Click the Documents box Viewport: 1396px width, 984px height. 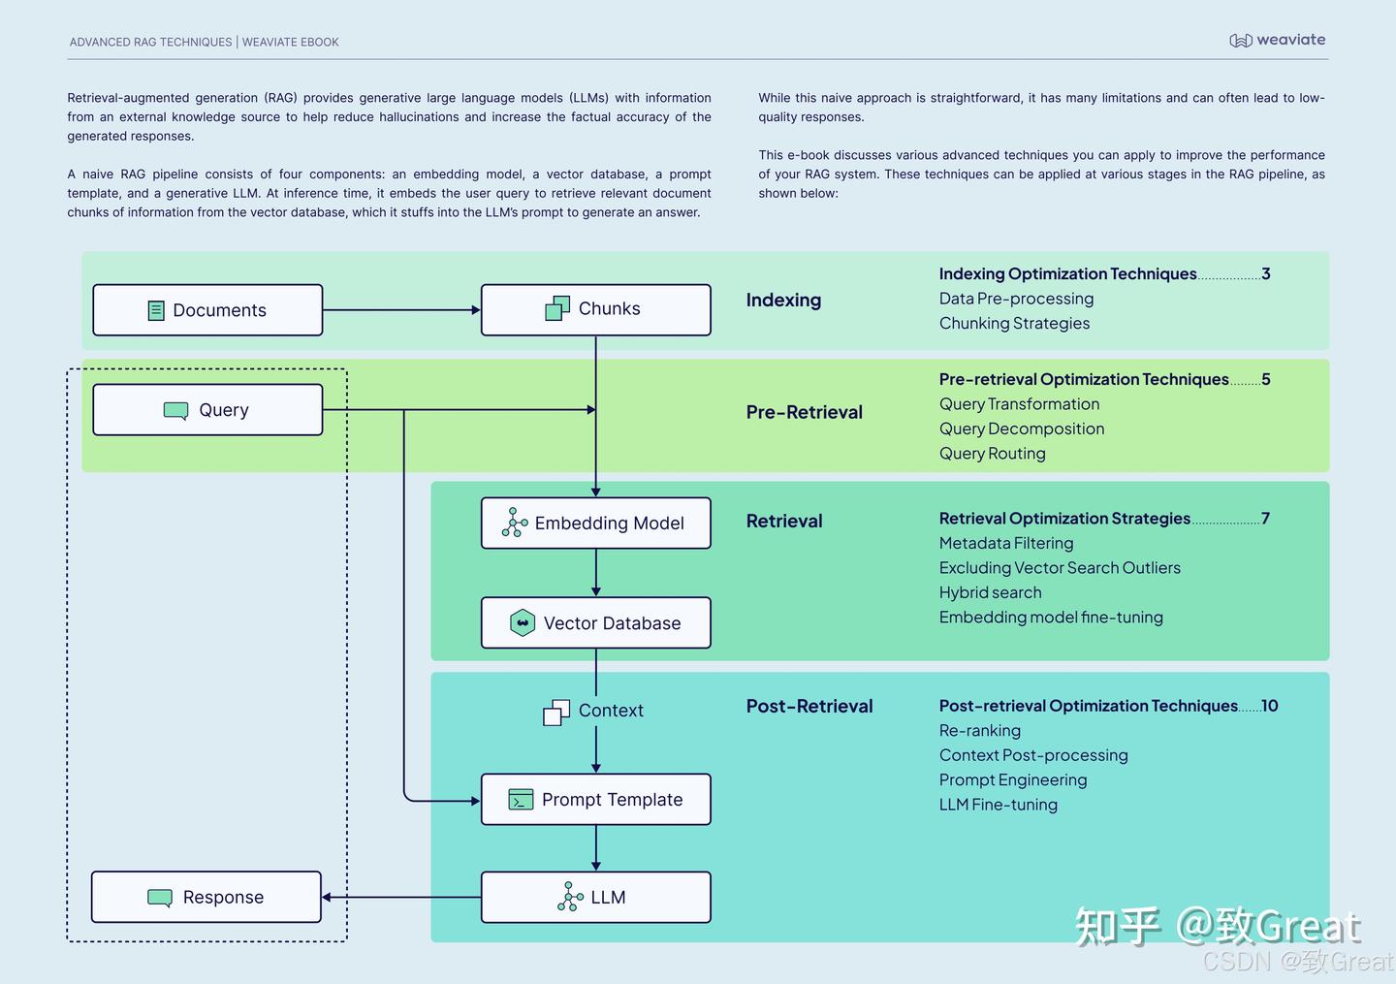(x=207, y=310)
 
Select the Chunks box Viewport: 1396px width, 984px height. (x=595, y=309)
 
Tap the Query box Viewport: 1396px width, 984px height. (x=207, y=410)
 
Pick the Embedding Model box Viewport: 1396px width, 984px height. (x=595, y=524)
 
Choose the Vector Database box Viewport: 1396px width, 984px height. (x=595, y=623)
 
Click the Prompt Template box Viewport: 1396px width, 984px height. (x=595, y=800)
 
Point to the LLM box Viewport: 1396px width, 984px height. (x=595, y=898)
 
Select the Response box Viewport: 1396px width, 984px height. (x=206, y=898)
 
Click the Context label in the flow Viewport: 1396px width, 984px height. (x=610, y=711)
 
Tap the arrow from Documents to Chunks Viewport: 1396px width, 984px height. (x=401, y=310)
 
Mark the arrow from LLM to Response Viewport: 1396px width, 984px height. (x=401, y=898)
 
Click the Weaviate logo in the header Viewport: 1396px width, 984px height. (x=1277, y=40)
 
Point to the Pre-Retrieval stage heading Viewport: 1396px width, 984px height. (x=804, y=412)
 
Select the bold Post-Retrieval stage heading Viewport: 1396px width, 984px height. (x=809, y=707)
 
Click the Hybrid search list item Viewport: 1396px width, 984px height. (x=990, y=592)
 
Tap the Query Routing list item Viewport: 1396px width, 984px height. (x=992, y=454)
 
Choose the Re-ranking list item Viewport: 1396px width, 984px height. (x=979, y=731)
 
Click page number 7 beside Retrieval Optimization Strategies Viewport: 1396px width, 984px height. (x=1265, y=519)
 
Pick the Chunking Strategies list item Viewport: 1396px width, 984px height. (x=1014, y=324)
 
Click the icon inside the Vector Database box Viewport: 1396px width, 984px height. (x=523, y=622)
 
